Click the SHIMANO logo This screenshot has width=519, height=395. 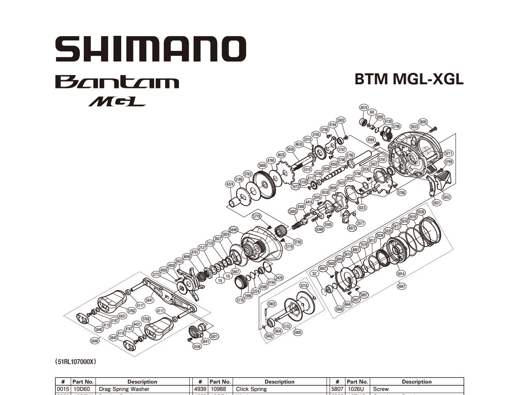150,49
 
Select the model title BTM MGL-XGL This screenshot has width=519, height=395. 409,79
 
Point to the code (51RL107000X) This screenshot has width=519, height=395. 75,361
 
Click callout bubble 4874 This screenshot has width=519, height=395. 364,108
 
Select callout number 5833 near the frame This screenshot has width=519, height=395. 414,127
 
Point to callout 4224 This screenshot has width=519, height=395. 230,184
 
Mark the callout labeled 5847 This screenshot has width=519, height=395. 401,286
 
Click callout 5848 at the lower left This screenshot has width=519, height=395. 94,341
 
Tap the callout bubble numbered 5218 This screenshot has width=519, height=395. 304,285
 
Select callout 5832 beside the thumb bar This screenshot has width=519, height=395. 447,197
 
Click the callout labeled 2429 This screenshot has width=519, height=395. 279,278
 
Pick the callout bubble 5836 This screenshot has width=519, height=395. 421,212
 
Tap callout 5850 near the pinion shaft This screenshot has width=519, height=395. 292,211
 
